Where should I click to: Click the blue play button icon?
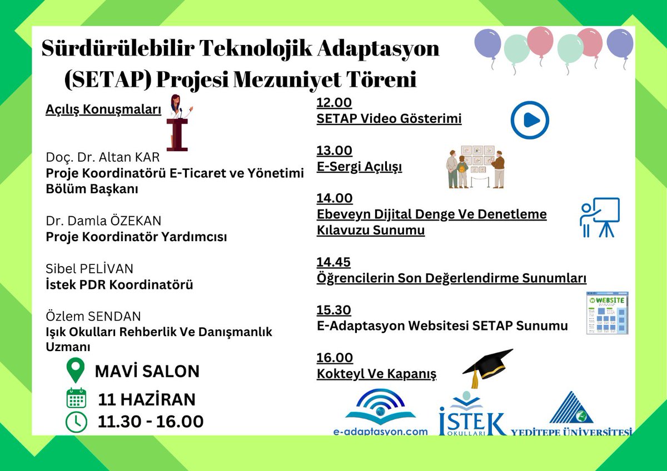click(530, 120)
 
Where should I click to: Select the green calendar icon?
click(76, 399)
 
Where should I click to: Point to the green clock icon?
click(76, 422)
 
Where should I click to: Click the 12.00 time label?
click(335, 103)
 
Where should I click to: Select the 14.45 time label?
click(333, 262)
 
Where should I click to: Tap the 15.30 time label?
click(334, 310)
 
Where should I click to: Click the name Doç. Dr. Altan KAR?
click(102, 158)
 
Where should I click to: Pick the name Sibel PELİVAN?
click(89, 269)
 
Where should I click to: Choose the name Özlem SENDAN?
click(93, 317)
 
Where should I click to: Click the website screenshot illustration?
click(607, 313)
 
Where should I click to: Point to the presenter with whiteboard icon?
click(599, 217)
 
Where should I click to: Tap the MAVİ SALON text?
click(147, 371)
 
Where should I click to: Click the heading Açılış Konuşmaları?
click(103, 109)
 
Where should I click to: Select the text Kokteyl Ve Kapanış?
click(376, 373)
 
